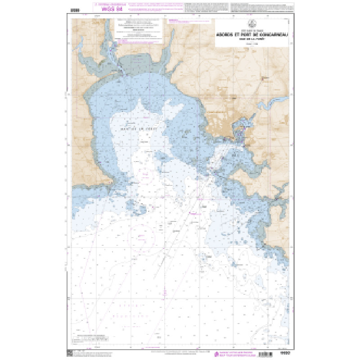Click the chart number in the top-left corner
tap(75, 8)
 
